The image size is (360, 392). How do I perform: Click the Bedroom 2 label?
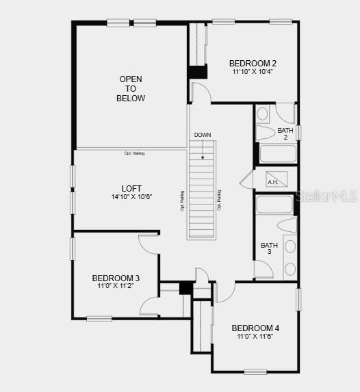(253, 63)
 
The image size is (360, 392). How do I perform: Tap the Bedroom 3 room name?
(116, 278)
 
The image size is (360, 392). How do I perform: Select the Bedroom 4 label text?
(255, 328)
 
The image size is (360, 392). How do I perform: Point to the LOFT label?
(131, 188)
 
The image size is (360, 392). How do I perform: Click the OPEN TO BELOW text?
(131, 88)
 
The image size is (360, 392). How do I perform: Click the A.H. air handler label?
(272, 182)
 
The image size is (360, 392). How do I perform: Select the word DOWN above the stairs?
(202, 135)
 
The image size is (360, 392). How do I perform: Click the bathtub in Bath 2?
(277, 153)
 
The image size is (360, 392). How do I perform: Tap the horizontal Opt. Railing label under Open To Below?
(134, 153)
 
